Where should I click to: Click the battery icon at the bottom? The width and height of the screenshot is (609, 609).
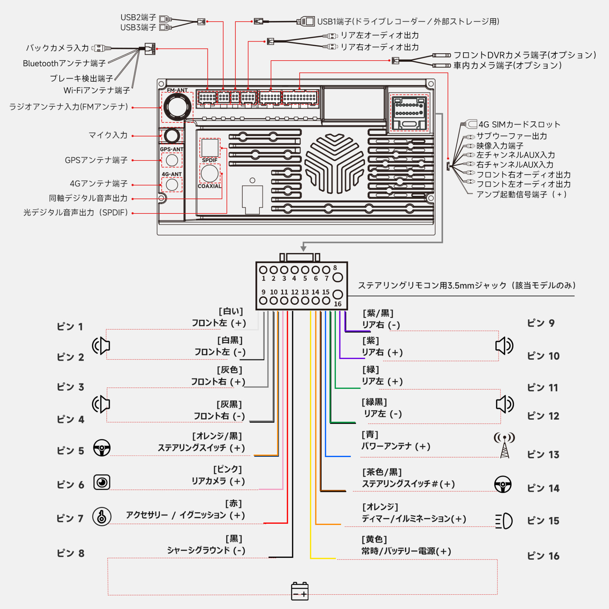(x=299, y=591)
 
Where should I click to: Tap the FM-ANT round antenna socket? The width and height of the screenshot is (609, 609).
(x=177, y=107)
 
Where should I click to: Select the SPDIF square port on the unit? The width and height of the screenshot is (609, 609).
(x=210, y=147)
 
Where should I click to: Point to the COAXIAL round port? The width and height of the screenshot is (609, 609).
(x=210, y=174)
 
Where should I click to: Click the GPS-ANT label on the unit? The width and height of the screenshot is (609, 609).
(x=172, y=149)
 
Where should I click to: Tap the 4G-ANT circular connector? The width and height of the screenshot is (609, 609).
(x=172, y=185)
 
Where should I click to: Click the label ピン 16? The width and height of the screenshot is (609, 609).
(x=543, y=556)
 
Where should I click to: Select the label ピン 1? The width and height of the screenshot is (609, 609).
(x=70, y=326)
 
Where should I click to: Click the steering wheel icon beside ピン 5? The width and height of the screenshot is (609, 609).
(x=102, y=448)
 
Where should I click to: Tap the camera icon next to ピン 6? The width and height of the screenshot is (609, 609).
(x=102, y=482)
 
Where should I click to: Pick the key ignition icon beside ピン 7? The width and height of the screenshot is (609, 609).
(x=102, y=516)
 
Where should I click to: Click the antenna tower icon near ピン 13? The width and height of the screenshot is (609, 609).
(x=504, y=446)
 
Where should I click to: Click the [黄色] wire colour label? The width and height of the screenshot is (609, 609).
(x=374, y=539)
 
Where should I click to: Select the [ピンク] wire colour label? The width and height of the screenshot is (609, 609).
(x=227, y=469)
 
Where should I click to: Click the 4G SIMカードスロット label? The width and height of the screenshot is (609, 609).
(x=519, y=124)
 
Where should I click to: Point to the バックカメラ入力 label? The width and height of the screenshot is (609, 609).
(x=57, y=48)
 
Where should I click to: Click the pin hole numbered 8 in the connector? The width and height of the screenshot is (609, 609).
(x=337, y=277)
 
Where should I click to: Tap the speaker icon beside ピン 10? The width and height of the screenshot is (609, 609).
(x=504, y=346)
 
